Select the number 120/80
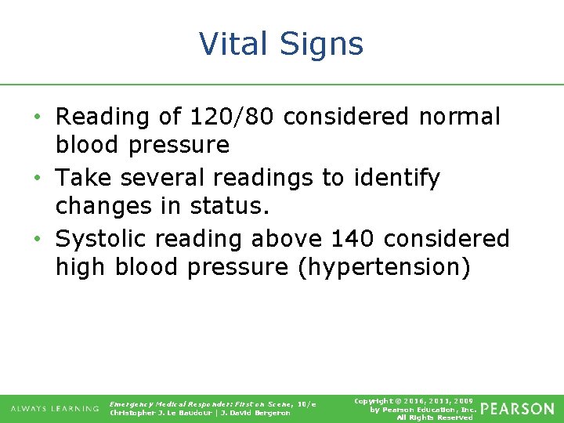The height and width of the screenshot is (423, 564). (x=233, y=117)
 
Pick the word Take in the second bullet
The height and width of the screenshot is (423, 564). (x=84, y=178)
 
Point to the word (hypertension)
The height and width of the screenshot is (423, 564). (x=384, y=268)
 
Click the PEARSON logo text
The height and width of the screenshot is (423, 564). (x=516, y=409)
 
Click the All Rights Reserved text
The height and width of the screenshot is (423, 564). (x=435, y=418)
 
